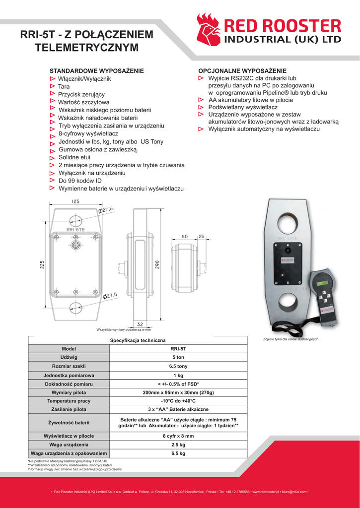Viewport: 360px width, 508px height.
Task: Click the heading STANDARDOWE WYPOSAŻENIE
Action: tap(97, 71)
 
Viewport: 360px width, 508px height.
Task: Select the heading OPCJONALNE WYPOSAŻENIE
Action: tap(242, 71)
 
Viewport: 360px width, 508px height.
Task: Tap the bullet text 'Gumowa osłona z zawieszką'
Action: tap(97, 149)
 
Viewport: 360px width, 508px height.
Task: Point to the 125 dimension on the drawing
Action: tap(75, 202)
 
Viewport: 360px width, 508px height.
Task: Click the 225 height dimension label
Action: tap(42, 265)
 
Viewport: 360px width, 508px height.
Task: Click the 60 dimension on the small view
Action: tap(184, 237)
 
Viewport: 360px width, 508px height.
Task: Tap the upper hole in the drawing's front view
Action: tap(76, 221)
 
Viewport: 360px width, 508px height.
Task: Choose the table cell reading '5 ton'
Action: tap(178, 357)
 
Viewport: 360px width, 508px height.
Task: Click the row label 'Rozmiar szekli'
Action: tap(69, 366)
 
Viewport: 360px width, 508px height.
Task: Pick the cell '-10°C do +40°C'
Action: tap(178, 401)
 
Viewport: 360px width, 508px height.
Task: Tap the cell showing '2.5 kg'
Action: tap(178, 444)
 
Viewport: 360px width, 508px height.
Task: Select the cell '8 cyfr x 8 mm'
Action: tap(178, 436)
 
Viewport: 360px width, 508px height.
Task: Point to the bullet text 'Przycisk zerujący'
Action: tap(81, 94)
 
